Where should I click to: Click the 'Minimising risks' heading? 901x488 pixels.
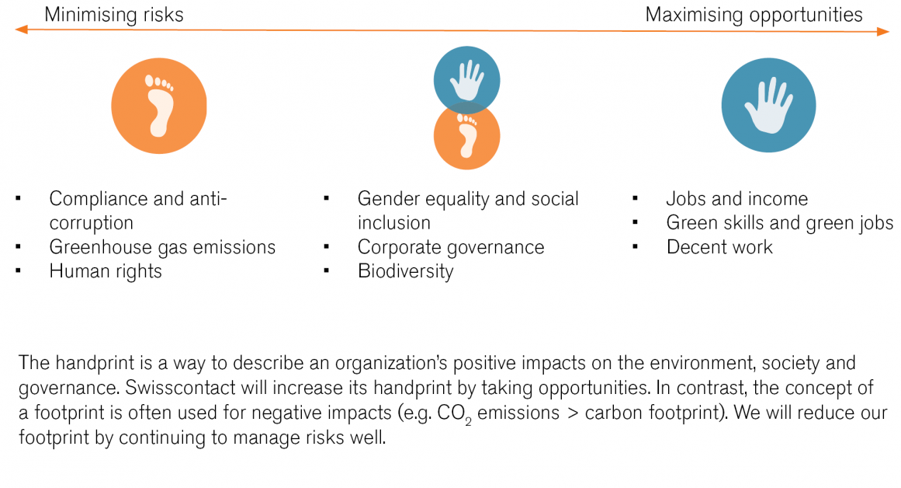click(113, 15)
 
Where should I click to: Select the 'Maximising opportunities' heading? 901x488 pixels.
click(754, 15)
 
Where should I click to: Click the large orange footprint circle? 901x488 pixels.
click(159, 106)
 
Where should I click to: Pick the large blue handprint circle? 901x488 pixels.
click(768, 106)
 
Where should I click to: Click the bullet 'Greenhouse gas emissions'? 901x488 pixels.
click(162, 247)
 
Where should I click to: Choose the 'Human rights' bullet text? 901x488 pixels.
click(106, 271)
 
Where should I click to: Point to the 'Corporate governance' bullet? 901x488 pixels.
click(451, 247)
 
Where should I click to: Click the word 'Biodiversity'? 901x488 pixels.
click(405, 271)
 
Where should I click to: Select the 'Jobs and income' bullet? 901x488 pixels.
click(736, 199)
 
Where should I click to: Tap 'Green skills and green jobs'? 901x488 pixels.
click(780, 223)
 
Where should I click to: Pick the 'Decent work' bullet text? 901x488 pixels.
click(719, 247)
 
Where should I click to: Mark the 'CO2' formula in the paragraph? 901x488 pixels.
click(451, 413)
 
